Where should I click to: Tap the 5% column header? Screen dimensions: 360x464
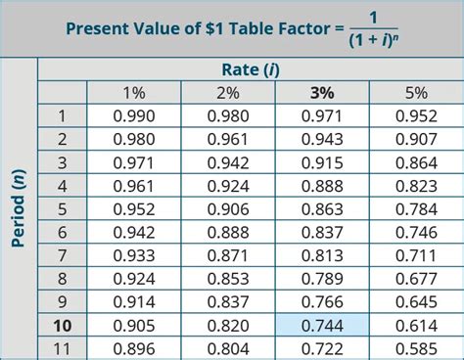tap(417, 93)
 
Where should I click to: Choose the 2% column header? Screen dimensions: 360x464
tap(227, 93)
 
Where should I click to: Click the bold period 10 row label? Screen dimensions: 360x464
tap(62, 325)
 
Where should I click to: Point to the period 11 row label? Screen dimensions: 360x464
tap(62, 348)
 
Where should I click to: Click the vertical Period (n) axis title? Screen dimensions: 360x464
tap(19, 210)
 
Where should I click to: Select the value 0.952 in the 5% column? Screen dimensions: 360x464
tap(417, 115)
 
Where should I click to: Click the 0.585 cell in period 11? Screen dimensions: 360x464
tap(417, 348)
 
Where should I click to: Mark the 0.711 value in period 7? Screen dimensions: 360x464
tap(417, 255)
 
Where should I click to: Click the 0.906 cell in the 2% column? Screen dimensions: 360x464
tap(227, 208)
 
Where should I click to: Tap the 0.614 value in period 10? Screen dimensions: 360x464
tap(417, 325)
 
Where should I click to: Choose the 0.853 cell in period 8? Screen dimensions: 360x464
tap(227, 279)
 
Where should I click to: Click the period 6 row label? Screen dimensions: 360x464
tap(62, 232)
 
